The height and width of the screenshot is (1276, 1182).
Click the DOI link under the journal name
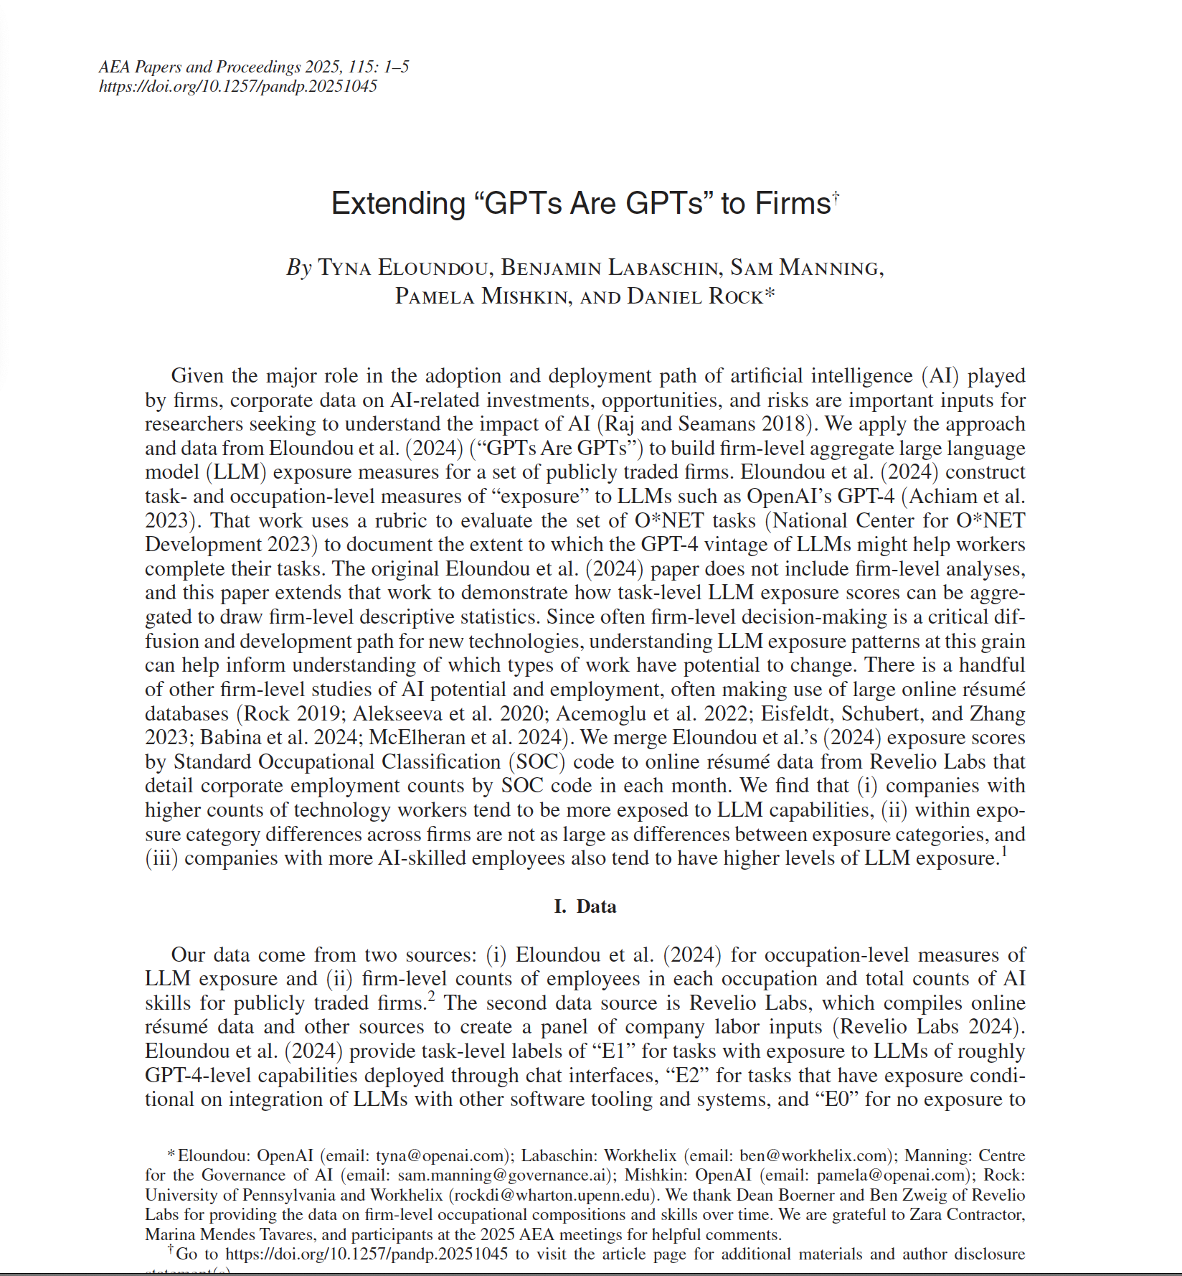click(237, 87)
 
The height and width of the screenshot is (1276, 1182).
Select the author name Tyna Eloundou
click(403, 268)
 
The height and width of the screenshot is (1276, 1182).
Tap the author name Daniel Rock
click(694, 296)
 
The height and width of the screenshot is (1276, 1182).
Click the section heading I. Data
click(585, 906)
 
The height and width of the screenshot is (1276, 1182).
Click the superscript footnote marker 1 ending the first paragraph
click(1004, 852)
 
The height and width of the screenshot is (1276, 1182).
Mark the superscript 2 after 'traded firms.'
click(431, 996)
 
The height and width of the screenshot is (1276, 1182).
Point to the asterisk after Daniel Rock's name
click(770, 295)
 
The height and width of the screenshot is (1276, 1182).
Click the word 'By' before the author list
click(299, 268)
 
